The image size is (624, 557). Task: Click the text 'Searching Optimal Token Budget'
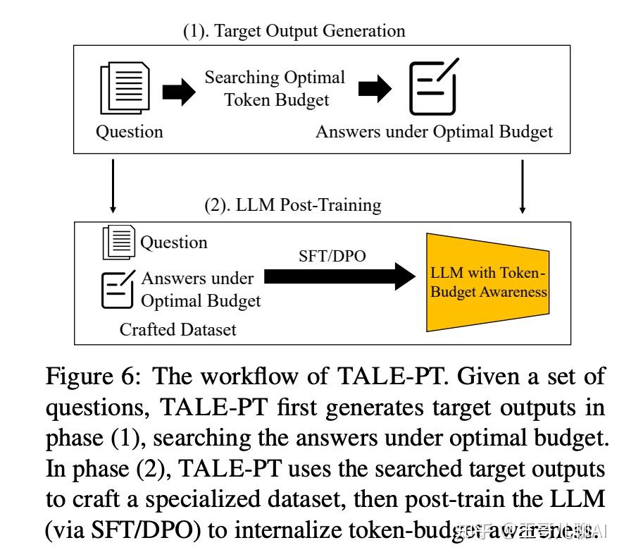[x=275, y=88]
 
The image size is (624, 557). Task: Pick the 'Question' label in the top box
[x=129, y=132]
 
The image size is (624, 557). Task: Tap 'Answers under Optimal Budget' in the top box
[x=434, y=132]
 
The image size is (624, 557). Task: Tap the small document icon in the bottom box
[x=118, y=243]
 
